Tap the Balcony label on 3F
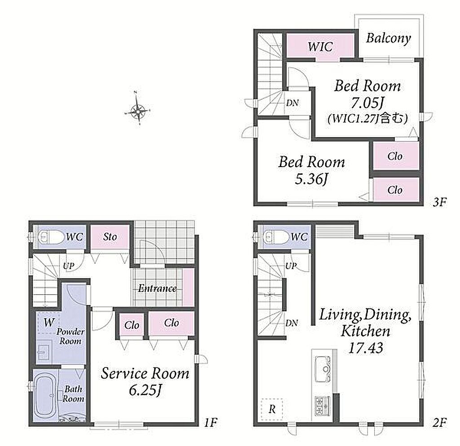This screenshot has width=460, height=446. [x=388, y=39]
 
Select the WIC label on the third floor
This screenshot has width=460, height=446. [x=320, y=47]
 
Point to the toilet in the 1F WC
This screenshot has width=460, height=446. [x=51, y=237]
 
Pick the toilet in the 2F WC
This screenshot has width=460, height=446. [x=276, y=237]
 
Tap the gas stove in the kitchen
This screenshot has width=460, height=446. [x=323, y=406]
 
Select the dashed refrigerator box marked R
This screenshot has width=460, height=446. [x=272, y=409]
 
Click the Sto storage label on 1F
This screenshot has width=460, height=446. [x=110, y=237]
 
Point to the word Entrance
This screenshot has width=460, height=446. [x=158, y=288]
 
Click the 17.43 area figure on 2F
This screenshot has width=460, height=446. [x=366, y=348]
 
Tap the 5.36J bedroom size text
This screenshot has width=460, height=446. [x=311, y=179]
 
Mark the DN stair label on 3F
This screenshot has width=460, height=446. [x=292, y=103]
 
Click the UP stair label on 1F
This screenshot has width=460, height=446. [x=69, y=266]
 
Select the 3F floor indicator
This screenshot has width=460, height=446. [x=439, y=202]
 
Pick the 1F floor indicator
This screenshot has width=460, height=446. [x=211, y=422]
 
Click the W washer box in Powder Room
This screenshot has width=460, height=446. [x=49, y=323]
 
